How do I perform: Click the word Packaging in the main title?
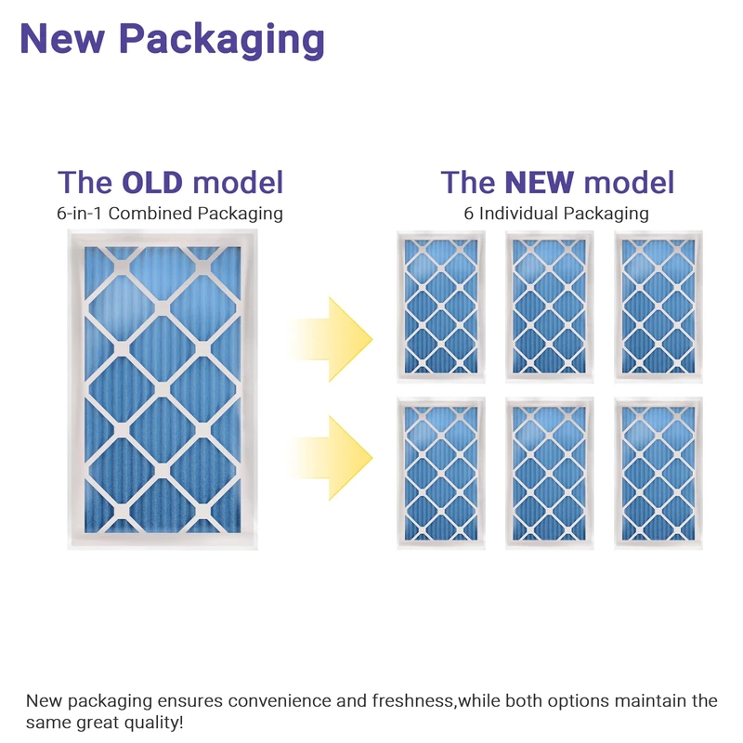coord(223,39)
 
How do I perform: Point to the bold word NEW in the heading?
coord(540,182)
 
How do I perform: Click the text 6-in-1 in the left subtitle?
coord(80,214)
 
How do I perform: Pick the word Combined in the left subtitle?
coord(152,214)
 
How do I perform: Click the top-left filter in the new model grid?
coord(441,306)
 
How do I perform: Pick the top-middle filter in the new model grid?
coord(549,306)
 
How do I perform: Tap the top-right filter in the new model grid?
coord(658,306)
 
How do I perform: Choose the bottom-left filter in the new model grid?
coord(441,472)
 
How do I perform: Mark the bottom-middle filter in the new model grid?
coord(549,472)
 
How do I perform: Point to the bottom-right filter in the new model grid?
coord(658,472)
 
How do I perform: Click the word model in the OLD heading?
coord(239,182)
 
